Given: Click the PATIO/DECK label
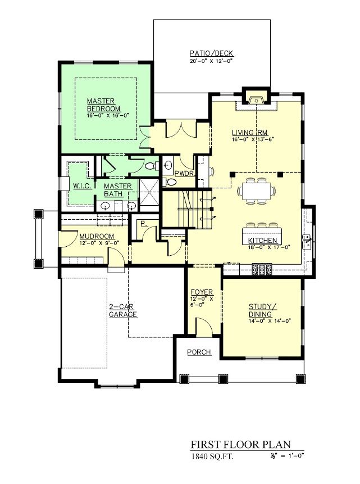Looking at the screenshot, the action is coord(212,53).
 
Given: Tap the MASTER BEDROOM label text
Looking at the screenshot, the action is coord(104,105).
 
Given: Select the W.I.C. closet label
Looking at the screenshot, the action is coord(82,186).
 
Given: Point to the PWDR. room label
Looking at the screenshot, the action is coord(185,174).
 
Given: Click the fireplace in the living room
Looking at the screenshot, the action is coord(256,100).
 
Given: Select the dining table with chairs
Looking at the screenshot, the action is coord(256,191).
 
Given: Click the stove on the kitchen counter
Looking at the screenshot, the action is coord(262,269).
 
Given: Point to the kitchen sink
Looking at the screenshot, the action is coord(307,242).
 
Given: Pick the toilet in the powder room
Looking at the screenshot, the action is coord(168,182).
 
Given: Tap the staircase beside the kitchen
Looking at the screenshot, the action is coord(194,209).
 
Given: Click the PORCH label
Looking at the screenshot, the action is coord(199,352).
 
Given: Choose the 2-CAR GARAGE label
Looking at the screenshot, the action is coord(123,310).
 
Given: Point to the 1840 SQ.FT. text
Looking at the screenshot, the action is coord(212,456).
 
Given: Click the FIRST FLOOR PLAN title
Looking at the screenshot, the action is coord(240,445).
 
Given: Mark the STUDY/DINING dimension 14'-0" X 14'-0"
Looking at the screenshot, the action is coord(270,321).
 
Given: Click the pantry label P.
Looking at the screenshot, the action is coord(143,223).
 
